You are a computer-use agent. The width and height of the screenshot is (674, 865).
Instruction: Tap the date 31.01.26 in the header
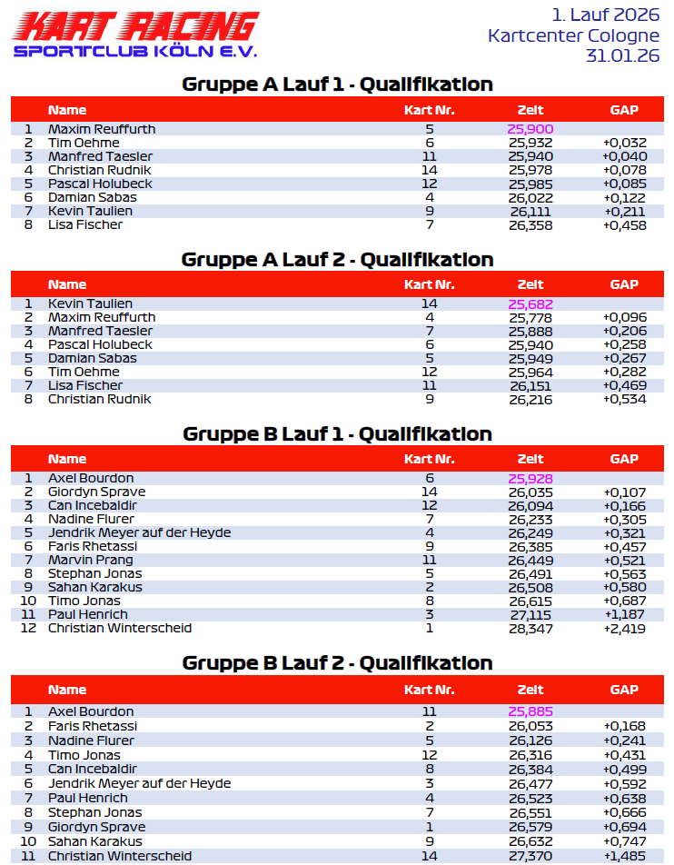click(x=623, y=55)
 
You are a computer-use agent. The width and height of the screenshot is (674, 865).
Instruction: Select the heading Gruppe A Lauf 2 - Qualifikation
click(x=337, y=260)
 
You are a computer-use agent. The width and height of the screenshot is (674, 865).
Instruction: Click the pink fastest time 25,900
click(x=530, y=129)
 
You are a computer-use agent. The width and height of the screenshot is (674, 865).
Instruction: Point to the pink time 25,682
click(x=530, y=303)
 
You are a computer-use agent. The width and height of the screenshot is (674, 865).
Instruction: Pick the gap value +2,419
click(x=624, y=628)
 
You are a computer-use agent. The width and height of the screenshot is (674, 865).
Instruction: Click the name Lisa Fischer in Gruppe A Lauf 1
click(x=84, y=224)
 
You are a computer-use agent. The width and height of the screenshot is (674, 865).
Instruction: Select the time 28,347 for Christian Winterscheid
click(x=530, y=628)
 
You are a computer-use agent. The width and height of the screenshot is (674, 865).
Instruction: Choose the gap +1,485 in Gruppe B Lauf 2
click(x=624, y=856)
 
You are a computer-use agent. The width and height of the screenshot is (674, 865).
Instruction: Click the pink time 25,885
click(x=530, y=711)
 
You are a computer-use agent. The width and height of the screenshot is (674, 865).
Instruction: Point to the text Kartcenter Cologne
click(x=573, y=36)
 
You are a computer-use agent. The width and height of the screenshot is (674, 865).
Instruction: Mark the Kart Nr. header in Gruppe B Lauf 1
click(x=429, y=459)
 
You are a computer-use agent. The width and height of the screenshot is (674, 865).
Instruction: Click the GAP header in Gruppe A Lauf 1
click(x=624, y=110)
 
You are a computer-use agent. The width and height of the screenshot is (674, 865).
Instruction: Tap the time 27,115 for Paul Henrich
click(x=530, y=614)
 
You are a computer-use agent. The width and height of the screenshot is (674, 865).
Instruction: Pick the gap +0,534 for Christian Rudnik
click(x=624, y=399)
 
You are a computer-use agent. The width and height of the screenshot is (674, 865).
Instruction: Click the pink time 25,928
click(x=530, y=478)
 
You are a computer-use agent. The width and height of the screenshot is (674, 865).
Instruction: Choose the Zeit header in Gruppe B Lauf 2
click(x=530, y=690)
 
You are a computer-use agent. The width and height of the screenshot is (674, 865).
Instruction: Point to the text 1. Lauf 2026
click(x=605, y=15)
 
